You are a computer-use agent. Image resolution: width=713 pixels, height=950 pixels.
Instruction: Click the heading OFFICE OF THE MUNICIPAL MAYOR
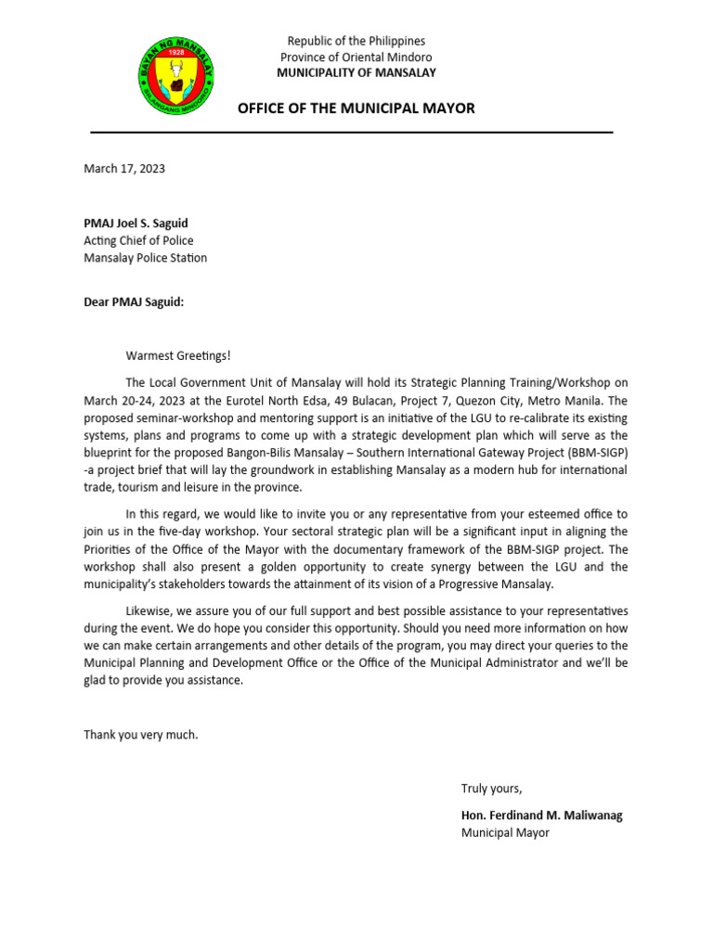pyautogui.click(x=356, y=109)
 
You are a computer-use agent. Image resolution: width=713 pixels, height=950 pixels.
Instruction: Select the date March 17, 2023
pyautogui.click(x=124, y=169)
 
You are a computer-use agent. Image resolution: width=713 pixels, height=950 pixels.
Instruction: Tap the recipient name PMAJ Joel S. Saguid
pyautogui.click(x=142, y=223)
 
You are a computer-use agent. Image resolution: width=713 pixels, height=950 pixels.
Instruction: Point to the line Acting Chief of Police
pyautogui.click(x=138, y=240)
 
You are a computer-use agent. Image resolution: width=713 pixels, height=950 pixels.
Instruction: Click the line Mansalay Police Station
pyautogui.click(x=145, y=258)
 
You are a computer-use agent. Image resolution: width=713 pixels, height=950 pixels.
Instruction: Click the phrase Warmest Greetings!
pyautogui.click(x=178, y=355)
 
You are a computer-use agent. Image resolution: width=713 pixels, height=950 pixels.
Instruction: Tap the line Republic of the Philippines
pyautogui.click(x=356, y=41)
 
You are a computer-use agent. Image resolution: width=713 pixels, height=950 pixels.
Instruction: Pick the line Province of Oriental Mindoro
pyautogui.click(x=356, y=57)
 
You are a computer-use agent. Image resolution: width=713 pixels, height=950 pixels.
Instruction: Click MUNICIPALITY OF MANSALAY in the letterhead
pyautogui.click(x=356, y=72)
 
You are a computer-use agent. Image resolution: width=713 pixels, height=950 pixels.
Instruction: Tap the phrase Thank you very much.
pyautogui.click(x=141, y=735)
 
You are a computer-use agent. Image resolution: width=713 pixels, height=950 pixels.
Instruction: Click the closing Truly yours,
pyautogui.click(x=492, y=789)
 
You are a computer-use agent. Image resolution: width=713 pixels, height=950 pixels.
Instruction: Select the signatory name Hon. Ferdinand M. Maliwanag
pyautogui.click(x=542, y=815)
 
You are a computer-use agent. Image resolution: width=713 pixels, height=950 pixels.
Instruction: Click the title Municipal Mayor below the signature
pyautogui.click(x=505, y=832)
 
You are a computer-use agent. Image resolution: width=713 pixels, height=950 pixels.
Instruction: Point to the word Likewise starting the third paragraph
pyautogui.click(x=152, y=610)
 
